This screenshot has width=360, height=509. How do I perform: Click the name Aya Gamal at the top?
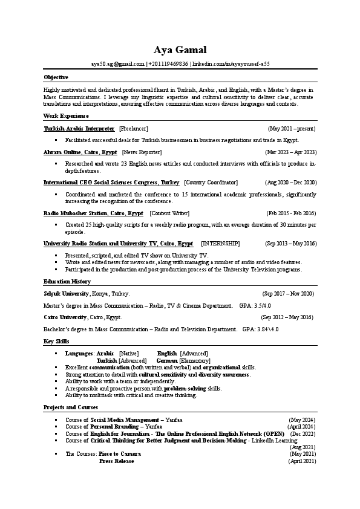click(180, 50)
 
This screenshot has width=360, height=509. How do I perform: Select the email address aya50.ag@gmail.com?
click(118, 63)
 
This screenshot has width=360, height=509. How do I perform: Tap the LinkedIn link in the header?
click(231, 63)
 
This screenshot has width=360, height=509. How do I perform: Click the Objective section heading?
click(56, 77)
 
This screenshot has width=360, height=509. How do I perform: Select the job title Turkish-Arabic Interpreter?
click(79, 129)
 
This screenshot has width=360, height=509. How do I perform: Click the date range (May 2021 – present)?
click(292, 129)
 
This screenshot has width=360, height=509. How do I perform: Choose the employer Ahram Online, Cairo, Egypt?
click(80, 152)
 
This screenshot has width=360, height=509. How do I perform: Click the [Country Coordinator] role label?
click(211, 182)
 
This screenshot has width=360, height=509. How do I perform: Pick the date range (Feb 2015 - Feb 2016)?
click(291, 213)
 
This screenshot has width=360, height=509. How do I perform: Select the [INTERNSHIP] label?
click(220, 244)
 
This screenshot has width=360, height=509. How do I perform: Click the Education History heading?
click(67, 282)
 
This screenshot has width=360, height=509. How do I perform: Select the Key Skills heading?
click(56, 342)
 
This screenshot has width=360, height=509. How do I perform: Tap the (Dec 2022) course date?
click(303, 434)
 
